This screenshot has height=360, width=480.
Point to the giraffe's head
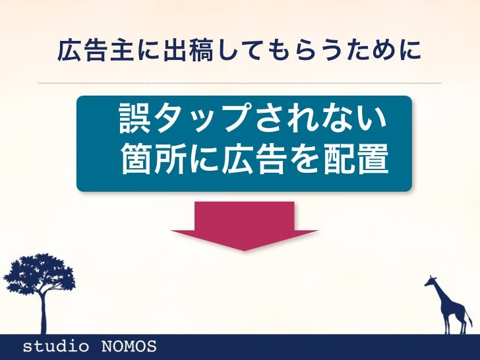[x=431, y=280]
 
